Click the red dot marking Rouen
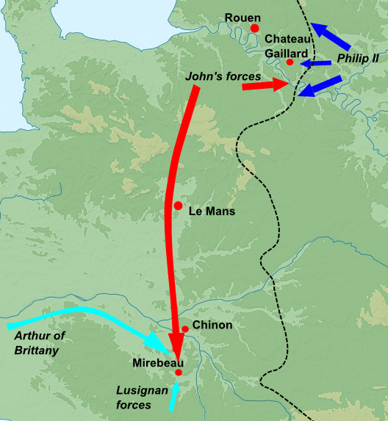tap(255, 28)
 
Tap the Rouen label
tap(243, 16)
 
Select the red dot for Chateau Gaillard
tap(290, 62)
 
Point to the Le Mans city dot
tap(178, 205)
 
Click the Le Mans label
tap(212, 212)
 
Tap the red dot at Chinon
tap(185, 328)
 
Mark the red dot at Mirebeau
tap(179, 373)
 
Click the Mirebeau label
tap(157, 363)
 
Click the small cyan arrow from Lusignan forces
tap(173, 395)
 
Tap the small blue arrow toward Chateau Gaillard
tap(315, 63)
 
